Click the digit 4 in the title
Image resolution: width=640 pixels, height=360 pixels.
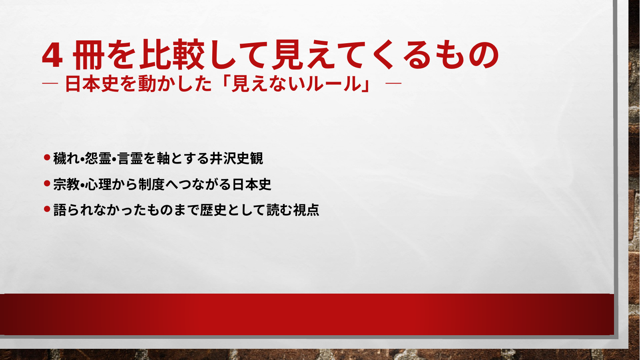(x=52, y=56)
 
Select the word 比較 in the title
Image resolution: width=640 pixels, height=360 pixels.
(x=172, y=55)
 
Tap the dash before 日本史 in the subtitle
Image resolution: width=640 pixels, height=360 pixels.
(x=50, y=84)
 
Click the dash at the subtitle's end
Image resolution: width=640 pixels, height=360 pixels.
(x=393, y=84)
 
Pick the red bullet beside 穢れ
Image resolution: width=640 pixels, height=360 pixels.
(x=47, y=157)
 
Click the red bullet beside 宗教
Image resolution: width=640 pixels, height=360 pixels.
(x=47, y=183)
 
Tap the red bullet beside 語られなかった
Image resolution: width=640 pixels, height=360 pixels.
(x=47, y=209)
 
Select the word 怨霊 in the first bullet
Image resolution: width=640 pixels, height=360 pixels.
(x=98, y=158)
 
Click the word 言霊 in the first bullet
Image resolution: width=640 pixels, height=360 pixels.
(x=130, y=158)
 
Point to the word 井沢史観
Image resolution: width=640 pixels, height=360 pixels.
(x=236, y=158)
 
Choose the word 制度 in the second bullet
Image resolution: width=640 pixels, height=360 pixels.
(x=152, y=184)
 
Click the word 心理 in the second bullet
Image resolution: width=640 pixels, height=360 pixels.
(x=98, y=184)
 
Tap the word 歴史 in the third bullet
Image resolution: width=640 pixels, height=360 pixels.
(x=213, y=210)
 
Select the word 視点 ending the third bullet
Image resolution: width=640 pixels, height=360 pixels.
(x=306, y=210)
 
